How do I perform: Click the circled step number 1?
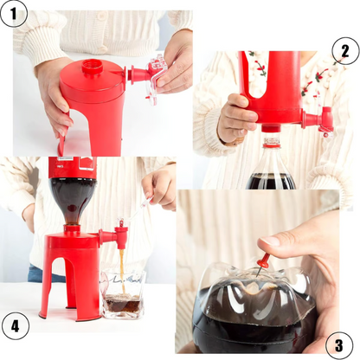coord(16,16)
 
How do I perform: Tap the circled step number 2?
coord(344,51)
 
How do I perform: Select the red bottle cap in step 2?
coord(272,139)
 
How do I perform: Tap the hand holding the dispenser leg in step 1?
coord(54,100)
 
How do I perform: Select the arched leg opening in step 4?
coord(72,286)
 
